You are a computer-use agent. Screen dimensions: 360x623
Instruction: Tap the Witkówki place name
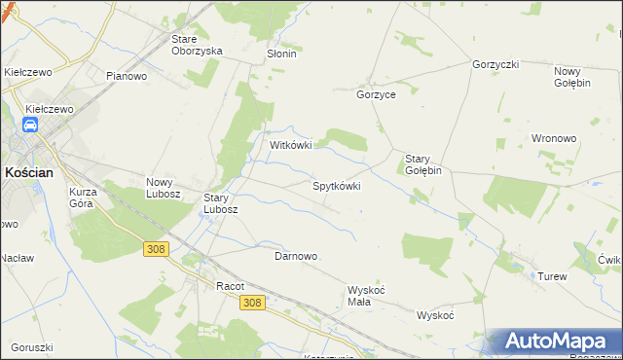pos(290,146)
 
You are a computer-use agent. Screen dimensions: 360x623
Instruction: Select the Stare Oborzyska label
pos(197,45)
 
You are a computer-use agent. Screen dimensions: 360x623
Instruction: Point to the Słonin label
pos(281,54)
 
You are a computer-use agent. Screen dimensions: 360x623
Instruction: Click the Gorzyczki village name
pos(495,64)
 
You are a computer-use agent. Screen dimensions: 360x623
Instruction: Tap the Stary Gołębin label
pos(423,163)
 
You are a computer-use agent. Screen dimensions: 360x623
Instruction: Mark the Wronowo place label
pos(554,138)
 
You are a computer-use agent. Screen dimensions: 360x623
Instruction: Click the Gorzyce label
pos(376,96)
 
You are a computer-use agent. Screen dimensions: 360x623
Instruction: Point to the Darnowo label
pos(296,256)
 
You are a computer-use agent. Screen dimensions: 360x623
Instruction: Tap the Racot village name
pos(230,286)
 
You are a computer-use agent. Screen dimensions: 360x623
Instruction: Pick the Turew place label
pos(552,277)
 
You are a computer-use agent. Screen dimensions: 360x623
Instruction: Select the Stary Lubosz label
pos(220,202)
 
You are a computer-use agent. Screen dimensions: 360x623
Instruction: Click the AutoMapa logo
pos(555,342)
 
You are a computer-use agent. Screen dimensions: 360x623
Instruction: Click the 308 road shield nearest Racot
pos(251,303)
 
